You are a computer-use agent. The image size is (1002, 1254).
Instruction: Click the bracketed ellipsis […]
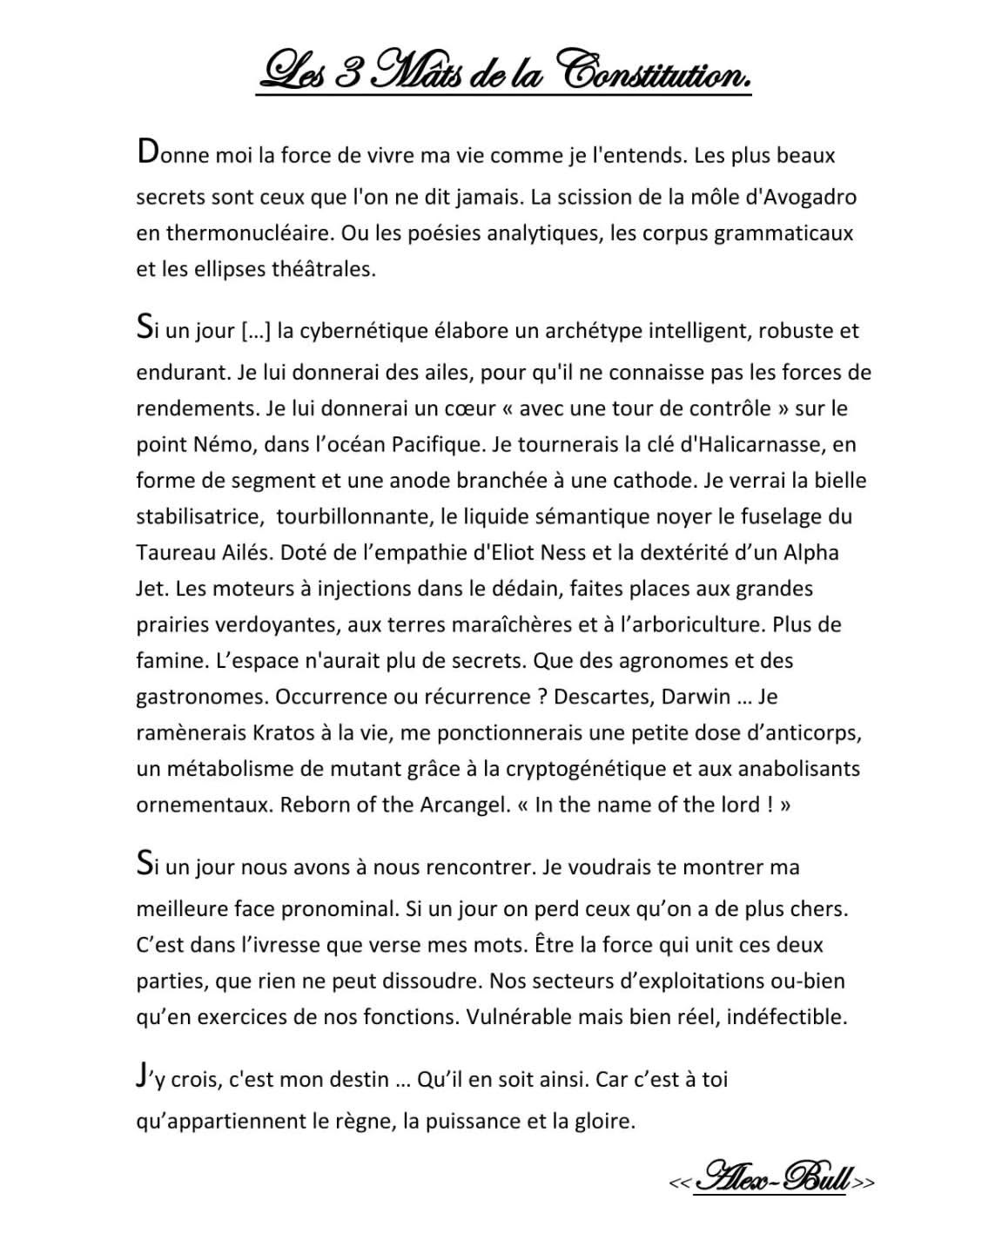[254, 332]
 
